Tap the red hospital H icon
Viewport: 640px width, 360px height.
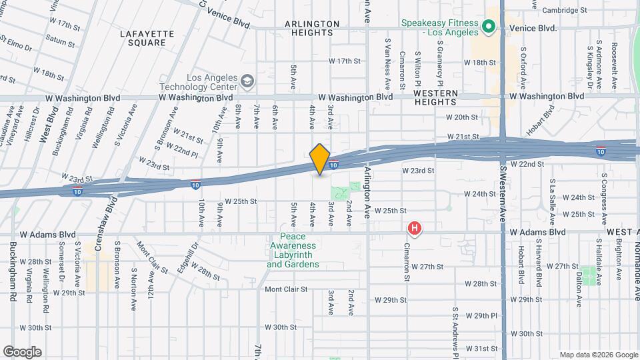point(415,229)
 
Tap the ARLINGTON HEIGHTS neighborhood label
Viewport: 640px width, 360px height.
point(312,28)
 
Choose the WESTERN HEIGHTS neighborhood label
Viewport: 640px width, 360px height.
point(435,97)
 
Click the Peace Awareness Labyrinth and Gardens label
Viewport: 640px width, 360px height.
point(293,251)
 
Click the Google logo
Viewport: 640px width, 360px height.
point(22,352)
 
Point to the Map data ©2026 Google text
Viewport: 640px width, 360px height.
point(598,355)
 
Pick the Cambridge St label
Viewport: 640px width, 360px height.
point(564,11)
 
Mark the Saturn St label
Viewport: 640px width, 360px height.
point(61,41)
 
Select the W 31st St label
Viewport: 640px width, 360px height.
point(481,348)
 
